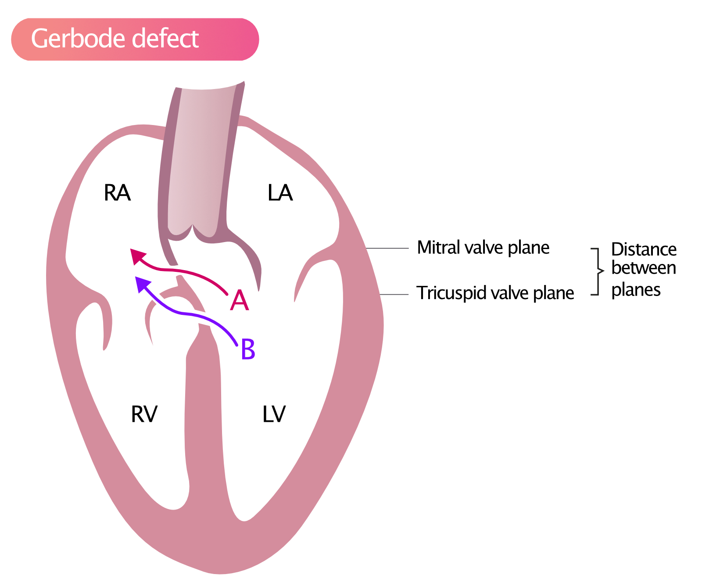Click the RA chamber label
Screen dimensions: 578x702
117,193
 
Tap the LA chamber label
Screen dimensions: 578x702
280,193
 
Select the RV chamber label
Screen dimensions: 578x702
144,414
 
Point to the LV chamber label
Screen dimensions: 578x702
274,414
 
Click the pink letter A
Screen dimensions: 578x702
240,301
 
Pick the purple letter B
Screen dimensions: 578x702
248,350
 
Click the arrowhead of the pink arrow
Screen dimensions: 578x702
137,256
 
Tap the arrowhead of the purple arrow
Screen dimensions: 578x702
142,284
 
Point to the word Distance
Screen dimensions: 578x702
644,250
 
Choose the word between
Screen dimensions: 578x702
644,268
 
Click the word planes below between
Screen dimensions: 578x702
636,290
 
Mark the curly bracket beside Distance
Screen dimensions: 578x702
597,271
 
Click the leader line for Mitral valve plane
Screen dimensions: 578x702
387,248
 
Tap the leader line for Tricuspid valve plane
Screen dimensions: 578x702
394,294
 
